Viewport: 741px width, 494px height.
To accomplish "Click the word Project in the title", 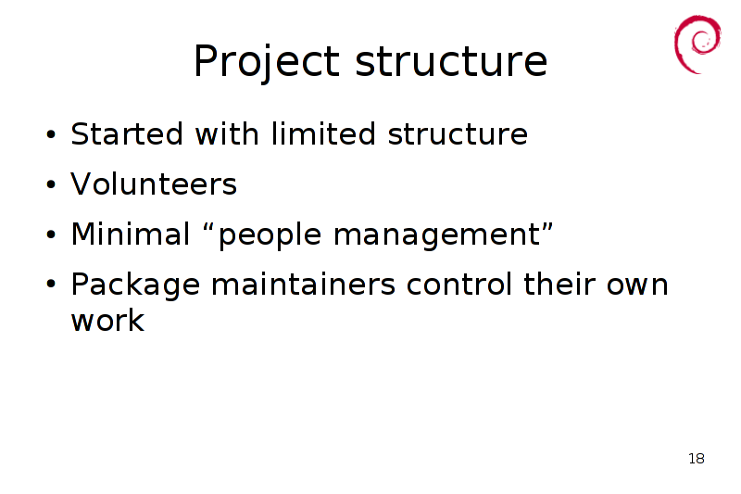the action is pyautogui.click(x=267, y=62).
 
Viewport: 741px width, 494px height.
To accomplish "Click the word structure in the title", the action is pyautogui.click(x=451, y=61).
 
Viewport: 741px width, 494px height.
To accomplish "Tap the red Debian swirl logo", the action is pyautogui.click(x=697, y=44).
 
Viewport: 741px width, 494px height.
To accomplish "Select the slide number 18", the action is pyautogui.click(x=697, y=459).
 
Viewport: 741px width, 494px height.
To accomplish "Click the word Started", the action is pyautogui.click(x=127, y=133).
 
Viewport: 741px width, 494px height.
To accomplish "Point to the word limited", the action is pyautogui.click(x=323, y=133).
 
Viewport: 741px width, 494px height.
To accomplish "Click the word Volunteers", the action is pyautogui.click(x=154, y=184).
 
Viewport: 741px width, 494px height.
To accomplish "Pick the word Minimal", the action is pyautogui.click(x=131, y=234).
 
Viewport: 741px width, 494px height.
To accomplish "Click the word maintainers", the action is pyautogui.click(x=303, y=284).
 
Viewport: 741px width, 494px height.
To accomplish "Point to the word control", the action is pyautogui.click(x=458, y=284).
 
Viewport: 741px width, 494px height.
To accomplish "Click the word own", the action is pyautogui.click(x=637, y=286).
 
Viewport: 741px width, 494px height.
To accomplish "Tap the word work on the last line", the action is pyautogui.click(x=107, y=320).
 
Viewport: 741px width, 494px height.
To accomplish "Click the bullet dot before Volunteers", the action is pyautogui.click(x=51, y=184).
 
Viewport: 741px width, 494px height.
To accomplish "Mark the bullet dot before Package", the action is pyautogui.click(x=51, y=285).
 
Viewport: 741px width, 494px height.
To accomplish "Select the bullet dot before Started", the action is pyautogui.click(x=51, y=134).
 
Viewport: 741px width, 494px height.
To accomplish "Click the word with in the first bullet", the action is pyautogui.click(x=227, y=133).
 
